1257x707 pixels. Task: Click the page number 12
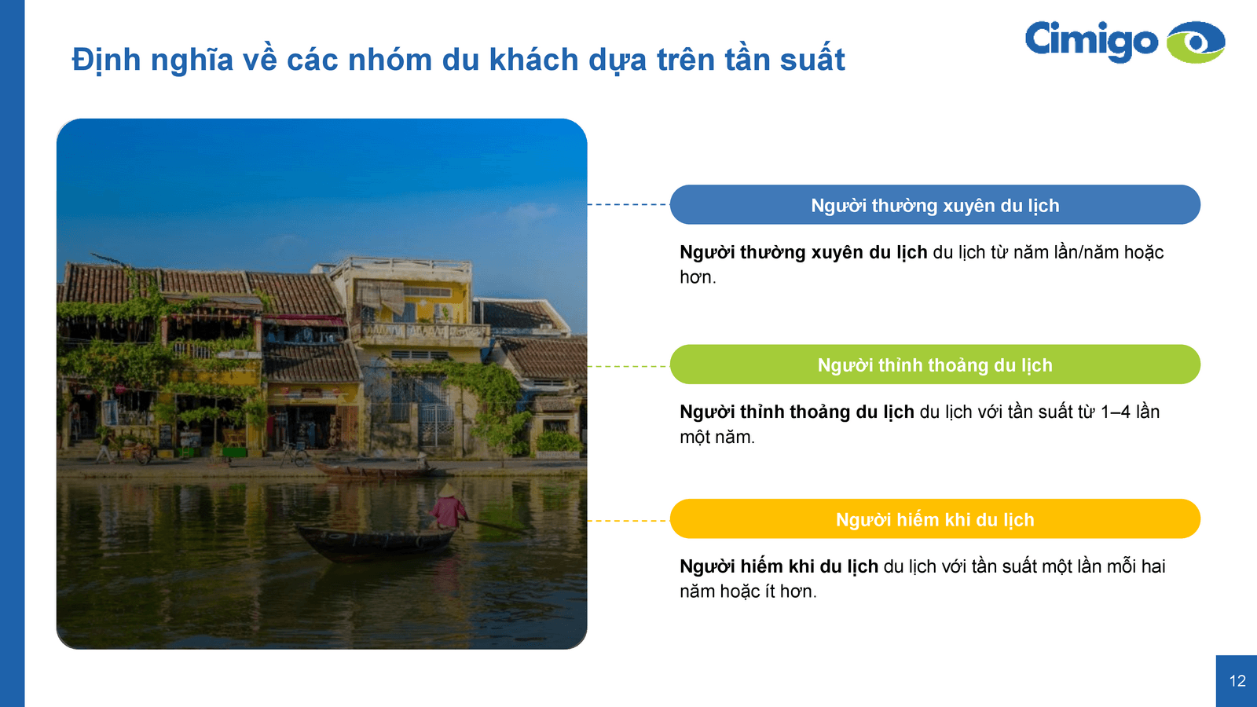[1237, 681]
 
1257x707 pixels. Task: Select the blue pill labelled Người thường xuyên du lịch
[935, 205]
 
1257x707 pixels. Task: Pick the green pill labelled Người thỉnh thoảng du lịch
[935, 364]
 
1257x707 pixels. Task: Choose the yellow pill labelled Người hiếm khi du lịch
[935, 519]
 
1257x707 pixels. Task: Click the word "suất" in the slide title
[812, 60]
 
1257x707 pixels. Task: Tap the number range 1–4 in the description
[1116, 412]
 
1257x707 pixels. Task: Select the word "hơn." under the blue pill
[698, 277]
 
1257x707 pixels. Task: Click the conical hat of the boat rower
[448, 491]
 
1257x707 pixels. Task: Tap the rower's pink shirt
[448, 511]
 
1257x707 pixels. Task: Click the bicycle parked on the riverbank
[294, 453]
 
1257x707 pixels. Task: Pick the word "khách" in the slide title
[533, 60]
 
